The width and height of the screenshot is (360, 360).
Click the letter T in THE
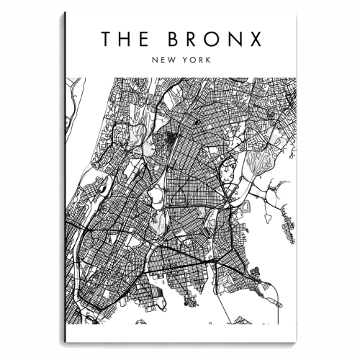[107, 39]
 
